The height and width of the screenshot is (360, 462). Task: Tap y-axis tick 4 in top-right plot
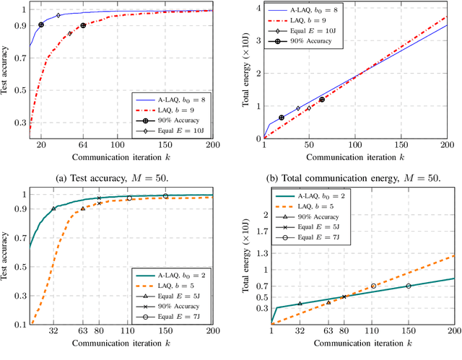[257, 7]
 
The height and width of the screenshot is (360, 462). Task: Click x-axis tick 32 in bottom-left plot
[53, 333]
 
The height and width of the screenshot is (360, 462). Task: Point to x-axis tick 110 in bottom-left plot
[129, 333]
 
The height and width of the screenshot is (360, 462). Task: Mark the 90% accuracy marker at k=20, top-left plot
[41, 25]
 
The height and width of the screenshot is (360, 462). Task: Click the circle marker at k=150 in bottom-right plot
[409, 286]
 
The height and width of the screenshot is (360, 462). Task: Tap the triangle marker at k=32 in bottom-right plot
[300, 303]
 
